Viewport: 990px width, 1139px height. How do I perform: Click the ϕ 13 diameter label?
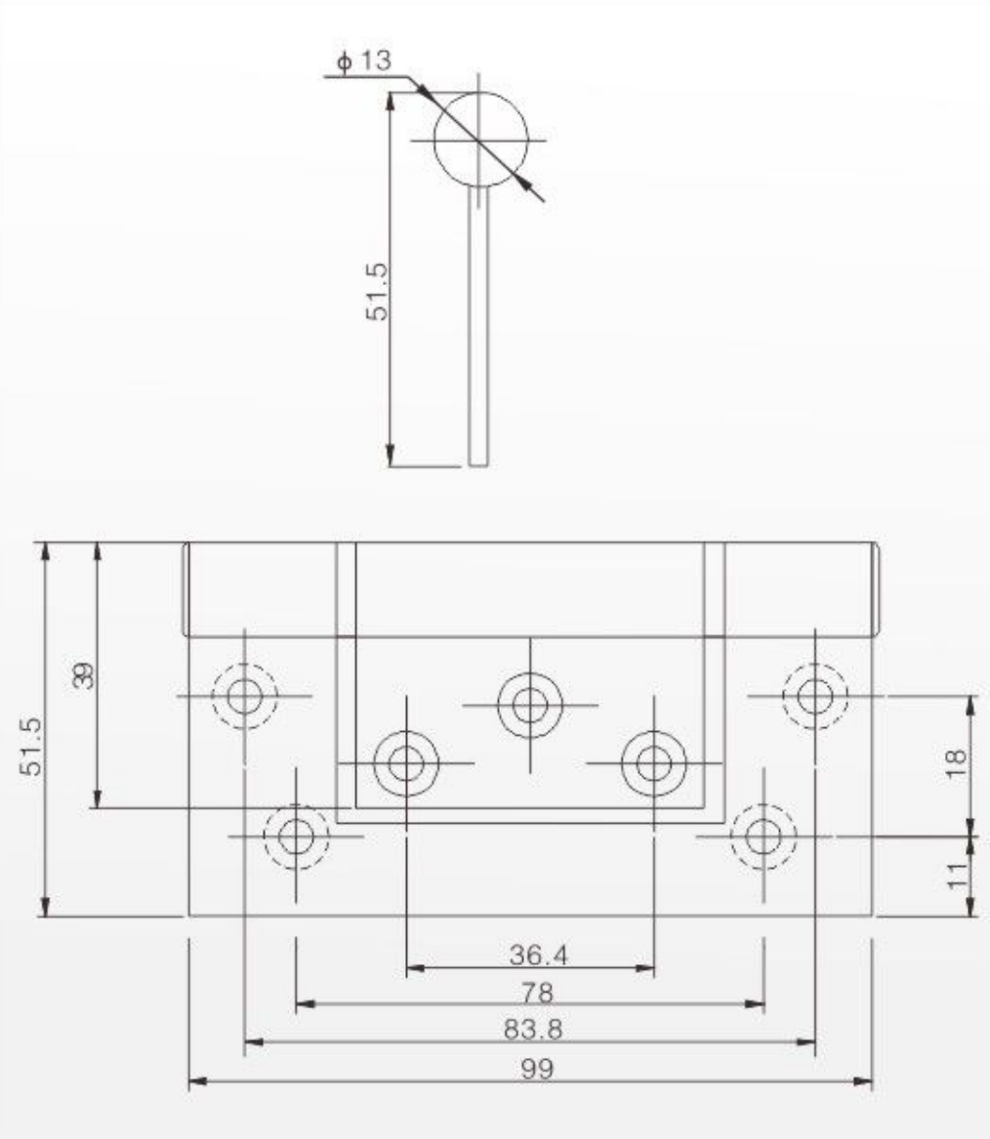pyautogui.click(x=364, y=61)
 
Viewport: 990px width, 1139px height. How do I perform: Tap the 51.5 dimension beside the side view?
pyautogui.click(x=377, y=291)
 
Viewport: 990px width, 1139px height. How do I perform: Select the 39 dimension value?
pyautogui.click(x=85, y=674)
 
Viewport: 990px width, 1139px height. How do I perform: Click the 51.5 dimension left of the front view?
pyautogui.click(x=32, y=746)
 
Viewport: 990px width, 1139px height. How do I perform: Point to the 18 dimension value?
pyautogui.click(x=957, y=762)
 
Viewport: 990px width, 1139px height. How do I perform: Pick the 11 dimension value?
pyautogui.click(x=958, y=875)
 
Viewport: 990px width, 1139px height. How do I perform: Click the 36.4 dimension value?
pyautogui.click(x=538, y=955)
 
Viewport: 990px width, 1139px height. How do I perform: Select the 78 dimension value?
pyautogui.click(x=538, y=993)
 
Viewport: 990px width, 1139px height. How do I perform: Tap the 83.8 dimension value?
pyautogui.click(x=533, y=1030)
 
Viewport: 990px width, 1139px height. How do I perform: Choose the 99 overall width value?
pyautogui.click(x=537, y=1069)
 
